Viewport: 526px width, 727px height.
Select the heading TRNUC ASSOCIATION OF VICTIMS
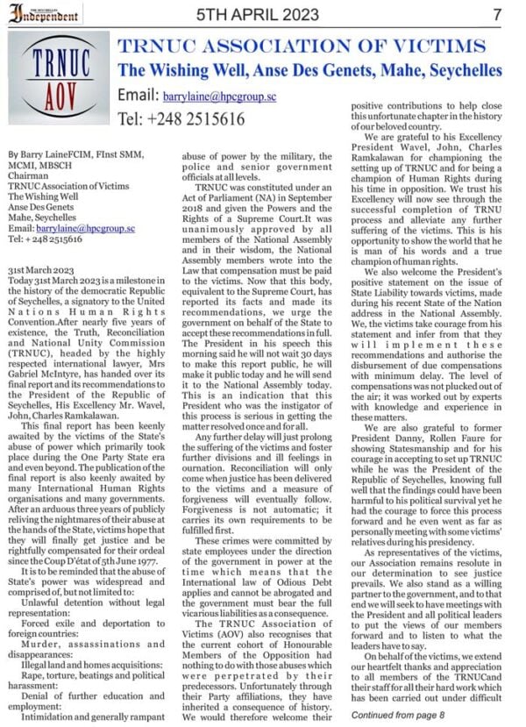coord(302,46)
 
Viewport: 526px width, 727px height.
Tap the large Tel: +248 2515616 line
coord(181,118)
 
